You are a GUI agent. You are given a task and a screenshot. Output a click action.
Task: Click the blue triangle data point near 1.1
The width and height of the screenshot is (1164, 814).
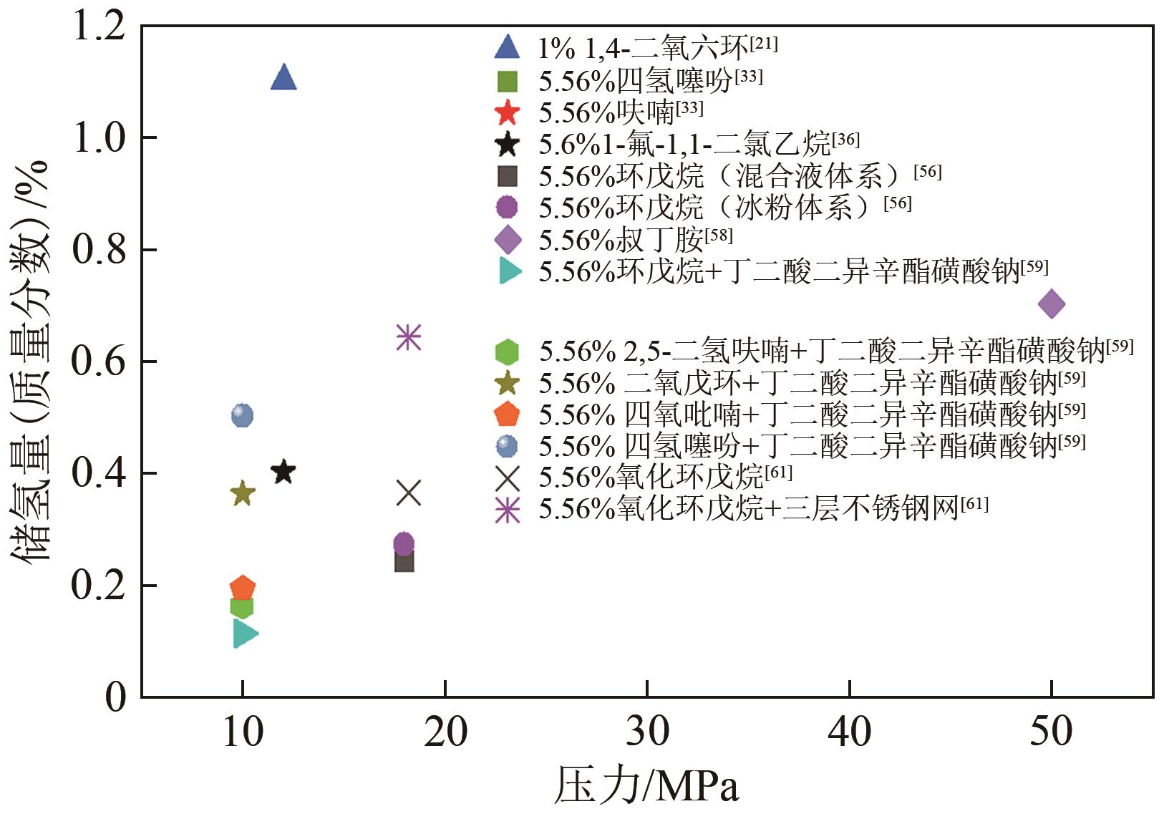click(283, 77)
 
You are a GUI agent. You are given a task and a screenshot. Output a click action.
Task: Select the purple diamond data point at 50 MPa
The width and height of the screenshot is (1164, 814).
click(1051, 304)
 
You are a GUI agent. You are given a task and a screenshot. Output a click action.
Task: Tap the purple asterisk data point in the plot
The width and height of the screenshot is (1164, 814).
click(408, 336)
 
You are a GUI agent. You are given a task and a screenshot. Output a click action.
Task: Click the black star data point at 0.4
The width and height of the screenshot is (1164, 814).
click(283, 472)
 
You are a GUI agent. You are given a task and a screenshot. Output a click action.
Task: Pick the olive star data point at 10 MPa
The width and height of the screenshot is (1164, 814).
click(243, 493)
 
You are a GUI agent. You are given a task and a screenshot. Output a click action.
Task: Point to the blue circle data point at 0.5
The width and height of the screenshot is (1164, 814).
click(243, 415)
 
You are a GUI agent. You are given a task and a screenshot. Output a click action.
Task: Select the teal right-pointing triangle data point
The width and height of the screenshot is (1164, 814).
click(244, 634)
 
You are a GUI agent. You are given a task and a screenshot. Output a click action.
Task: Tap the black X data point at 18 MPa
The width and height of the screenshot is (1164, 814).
click(408, 493)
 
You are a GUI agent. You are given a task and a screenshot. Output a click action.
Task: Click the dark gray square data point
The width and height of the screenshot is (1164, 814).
click(404, 561)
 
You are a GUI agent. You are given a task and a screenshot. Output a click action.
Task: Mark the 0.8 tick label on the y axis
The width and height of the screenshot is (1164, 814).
click(99, 250)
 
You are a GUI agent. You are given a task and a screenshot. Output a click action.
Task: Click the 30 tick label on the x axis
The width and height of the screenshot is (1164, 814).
click(647, 732)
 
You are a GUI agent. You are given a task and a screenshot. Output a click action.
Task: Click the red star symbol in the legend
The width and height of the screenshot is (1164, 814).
click(507, 112)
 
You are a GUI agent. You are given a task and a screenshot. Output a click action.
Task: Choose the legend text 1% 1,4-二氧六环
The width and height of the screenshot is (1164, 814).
click(643, 48)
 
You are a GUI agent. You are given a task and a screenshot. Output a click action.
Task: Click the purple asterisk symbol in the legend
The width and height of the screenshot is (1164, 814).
click(508, 510)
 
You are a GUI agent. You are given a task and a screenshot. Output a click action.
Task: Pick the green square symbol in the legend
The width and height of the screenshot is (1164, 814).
click(507, 81)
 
